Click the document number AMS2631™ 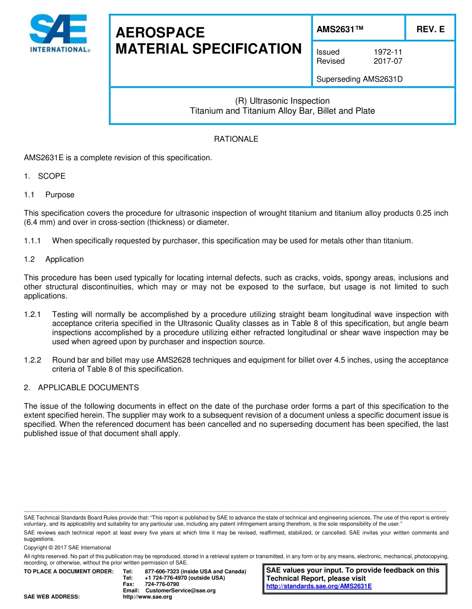tap(340, 29)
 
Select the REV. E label tap(430, 29)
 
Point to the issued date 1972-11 tap(388, 52)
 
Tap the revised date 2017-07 tap(388, 61)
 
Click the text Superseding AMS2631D tap(359, 79)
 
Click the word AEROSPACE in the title tap(160, 33)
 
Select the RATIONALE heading tap(236, 139)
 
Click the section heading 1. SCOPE tap(45, 176)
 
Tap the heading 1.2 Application tap(54, 259)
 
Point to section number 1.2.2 tap(33, 360)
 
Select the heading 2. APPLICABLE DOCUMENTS tap(81, 388)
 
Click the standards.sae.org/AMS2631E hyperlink tap(319, 586)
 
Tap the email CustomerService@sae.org tap(180, 591)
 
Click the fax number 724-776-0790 tap(161, 584)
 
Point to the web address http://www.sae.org tap(147, 597)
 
